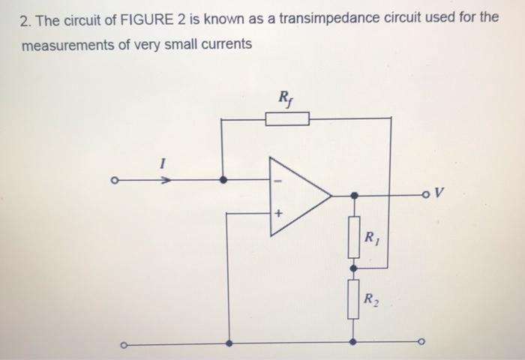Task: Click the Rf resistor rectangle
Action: [x=287, y=118]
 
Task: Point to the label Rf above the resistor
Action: [x=286, y=97]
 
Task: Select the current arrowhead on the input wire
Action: [x=169, y=180]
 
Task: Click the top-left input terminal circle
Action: [x=114, y=180]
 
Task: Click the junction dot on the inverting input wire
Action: [x=223, y=180]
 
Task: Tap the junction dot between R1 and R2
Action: [x=354, y=268]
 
